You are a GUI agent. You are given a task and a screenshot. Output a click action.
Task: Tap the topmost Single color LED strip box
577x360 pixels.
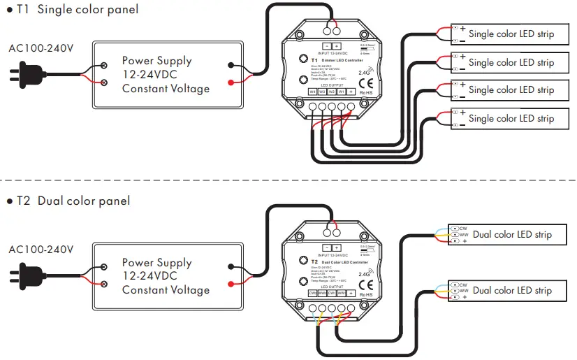pyautogui.click(x=510, y=34)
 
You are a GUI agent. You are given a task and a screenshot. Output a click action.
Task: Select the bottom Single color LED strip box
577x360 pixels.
pyautogui.click(x=510, y=119)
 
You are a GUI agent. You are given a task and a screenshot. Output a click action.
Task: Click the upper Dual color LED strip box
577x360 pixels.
pyautogui.click(x=510, y=234)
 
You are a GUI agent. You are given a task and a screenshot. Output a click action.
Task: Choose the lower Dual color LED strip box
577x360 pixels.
pyautogui.click(x=510, y=290)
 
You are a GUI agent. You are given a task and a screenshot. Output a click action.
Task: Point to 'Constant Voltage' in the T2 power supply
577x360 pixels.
pyautogui.click(x=166, y=290)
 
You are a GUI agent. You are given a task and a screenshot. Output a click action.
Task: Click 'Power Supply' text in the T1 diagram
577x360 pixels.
pyautogui.click(x=156, y=61)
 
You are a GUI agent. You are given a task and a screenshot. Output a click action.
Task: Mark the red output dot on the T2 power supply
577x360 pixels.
pyautogui.click(x=231, y=283)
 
